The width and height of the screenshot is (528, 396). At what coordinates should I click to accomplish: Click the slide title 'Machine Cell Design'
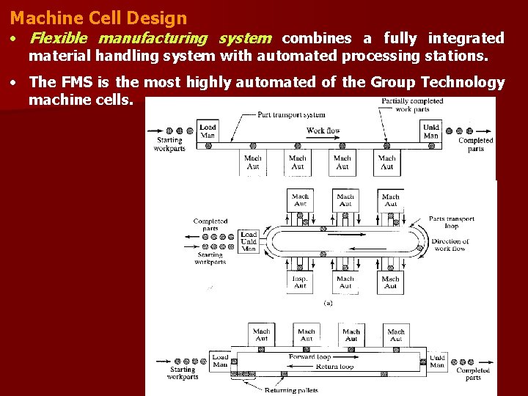[x=98, y=17]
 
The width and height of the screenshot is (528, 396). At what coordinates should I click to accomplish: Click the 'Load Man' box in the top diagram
[x=208, y=131]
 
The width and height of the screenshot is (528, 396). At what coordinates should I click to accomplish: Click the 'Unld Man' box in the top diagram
[x=431, y=131]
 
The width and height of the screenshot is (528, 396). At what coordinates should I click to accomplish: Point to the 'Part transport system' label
[x=291, y=114]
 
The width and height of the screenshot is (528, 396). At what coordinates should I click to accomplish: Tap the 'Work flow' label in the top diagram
[x=324, y=131]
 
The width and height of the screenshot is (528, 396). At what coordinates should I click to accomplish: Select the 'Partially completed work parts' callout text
[x=412, y=105]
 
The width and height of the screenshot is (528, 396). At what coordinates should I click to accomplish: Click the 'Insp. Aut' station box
[x=300, y=282]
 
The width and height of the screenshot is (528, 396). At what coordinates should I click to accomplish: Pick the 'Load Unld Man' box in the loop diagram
[x=249, y=242]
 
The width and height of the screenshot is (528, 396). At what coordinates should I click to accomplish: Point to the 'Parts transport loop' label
[x=452, y=222]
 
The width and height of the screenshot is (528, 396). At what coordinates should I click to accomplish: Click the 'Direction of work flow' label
[x=450, y=245]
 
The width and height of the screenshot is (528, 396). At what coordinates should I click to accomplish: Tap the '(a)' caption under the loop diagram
[x=328, y=302]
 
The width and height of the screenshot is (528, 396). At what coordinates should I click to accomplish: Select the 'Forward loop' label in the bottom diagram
[x=310, y=357]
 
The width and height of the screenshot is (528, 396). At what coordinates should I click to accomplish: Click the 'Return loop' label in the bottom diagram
[x=334, y=366]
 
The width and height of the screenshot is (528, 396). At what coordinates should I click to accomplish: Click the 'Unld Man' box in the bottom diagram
[x=437, y=362]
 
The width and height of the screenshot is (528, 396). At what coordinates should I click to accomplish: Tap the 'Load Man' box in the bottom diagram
[x=220, y=361]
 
